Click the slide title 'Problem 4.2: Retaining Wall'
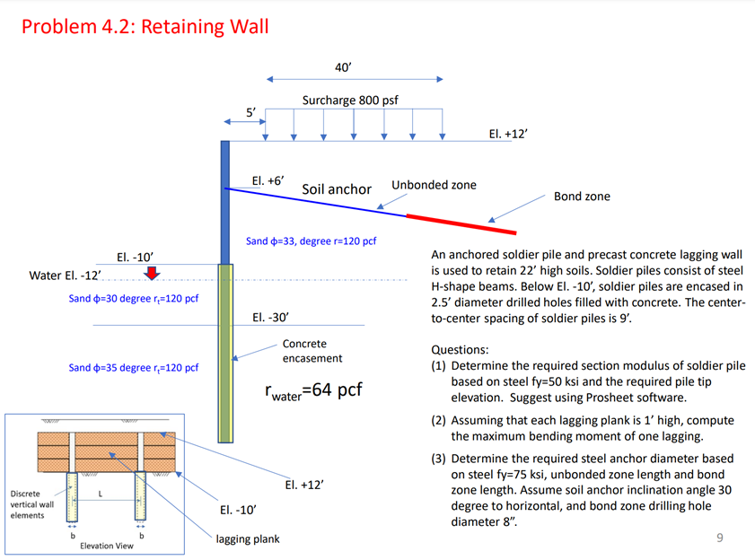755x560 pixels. click(x=145, y=26)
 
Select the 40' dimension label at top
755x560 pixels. click(x=342, y=67)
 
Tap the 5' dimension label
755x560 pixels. click(x=252, y=111)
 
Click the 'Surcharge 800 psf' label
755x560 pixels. click(x=349, y=101)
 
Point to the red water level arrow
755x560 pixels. click(x=153, y=272)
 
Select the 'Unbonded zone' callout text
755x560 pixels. click(x=434, y=185)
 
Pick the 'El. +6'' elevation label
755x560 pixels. click(x=268, y=180)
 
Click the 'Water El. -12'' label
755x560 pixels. click(x=65, y=275)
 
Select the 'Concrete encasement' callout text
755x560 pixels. click(x=312, y=351)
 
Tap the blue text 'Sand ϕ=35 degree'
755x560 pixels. click(x=133, y=368)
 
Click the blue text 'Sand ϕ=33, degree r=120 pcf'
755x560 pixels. click(x=310, y=241)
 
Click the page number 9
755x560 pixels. click(x=719, y=538)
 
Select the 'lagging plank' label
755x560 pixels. click(x=247, y=538)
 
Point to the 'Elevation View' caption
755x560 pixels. click(x=106, y=546)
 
